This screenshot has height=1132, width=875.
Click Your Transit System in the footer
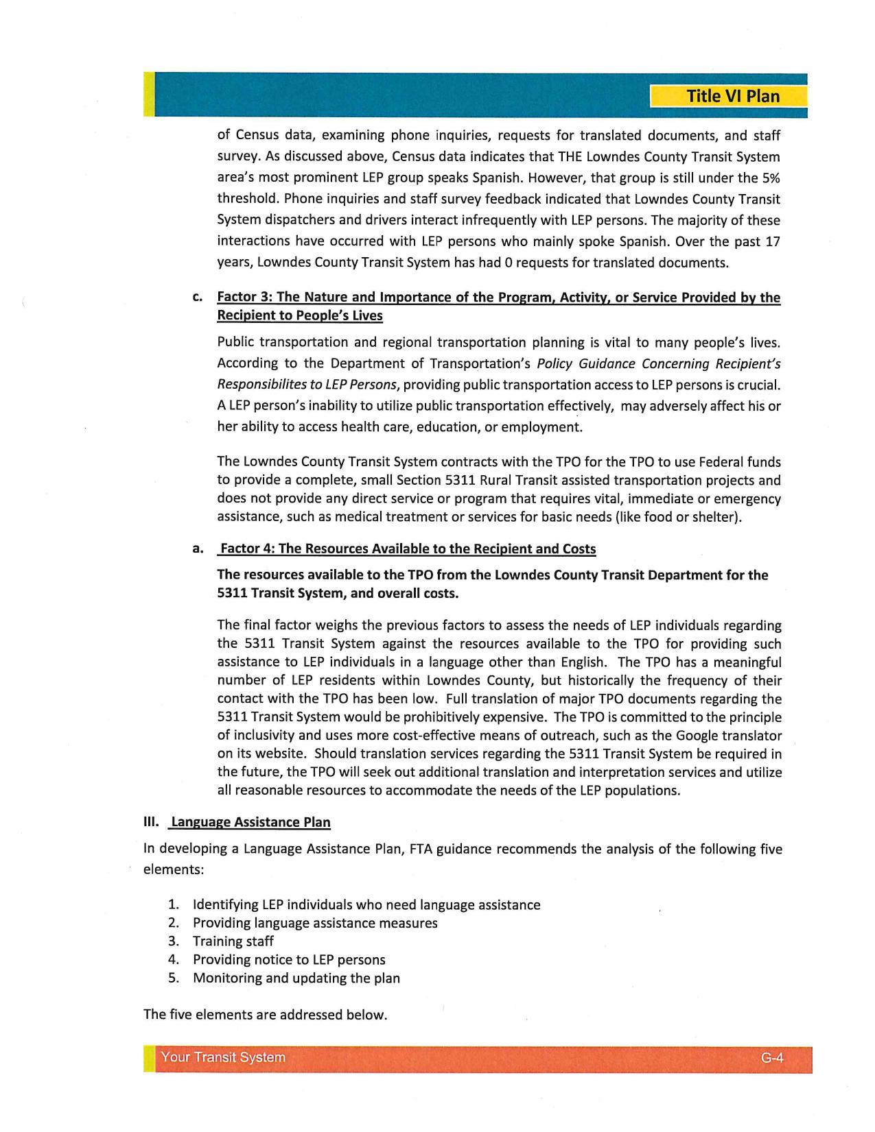223,1057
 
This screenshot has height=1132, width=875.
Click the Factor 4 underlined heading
407,549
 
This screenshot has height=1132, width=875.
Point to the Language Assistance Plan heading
250,822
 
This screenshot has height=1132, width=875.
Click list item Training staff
233,941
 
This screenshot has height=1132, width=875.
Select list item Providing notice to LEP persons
288,960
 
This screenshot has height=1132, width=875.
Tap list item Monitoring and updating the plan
296,978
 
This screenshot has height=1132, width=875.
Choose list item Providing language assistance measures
315,923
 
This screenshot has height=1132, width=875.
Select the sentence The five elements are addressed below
266,1015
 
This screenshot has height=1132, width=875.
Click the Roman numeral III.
151,821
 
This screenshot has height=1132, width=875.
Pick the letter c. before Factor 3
198,298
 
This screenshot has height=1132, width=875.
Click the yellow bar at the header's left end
148,95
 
